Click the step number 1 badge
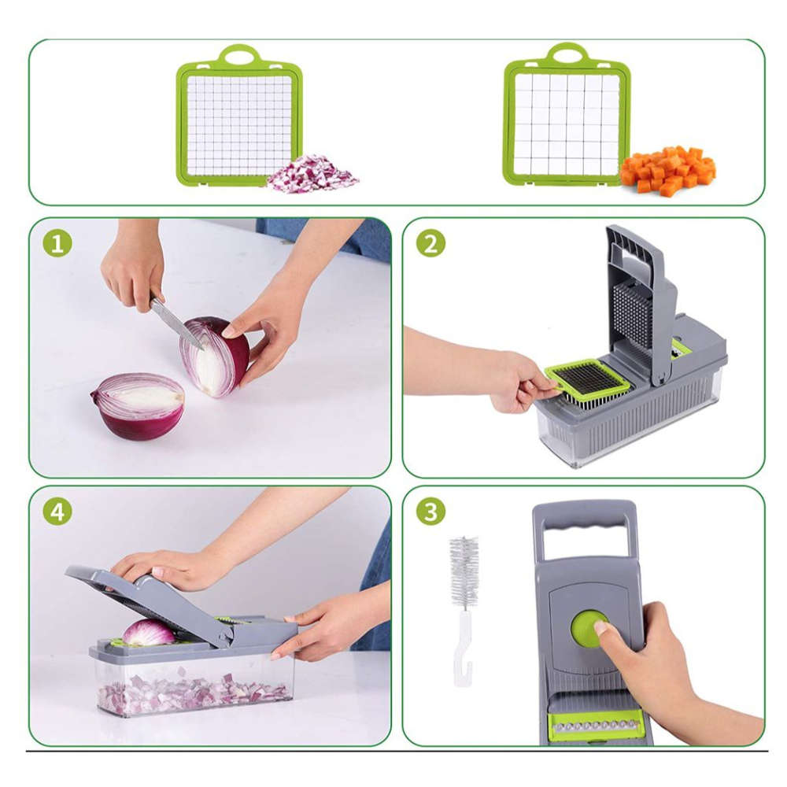(x=57, y=243)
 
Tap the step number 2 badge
(x=430, y=243)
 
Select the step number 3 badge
(x=430, y=512)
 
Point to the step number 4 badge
(x=57, y=512)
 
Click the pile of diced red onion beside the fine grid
(x=312, y=175)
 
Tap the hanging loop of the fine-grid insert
(x=239, y=55)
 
